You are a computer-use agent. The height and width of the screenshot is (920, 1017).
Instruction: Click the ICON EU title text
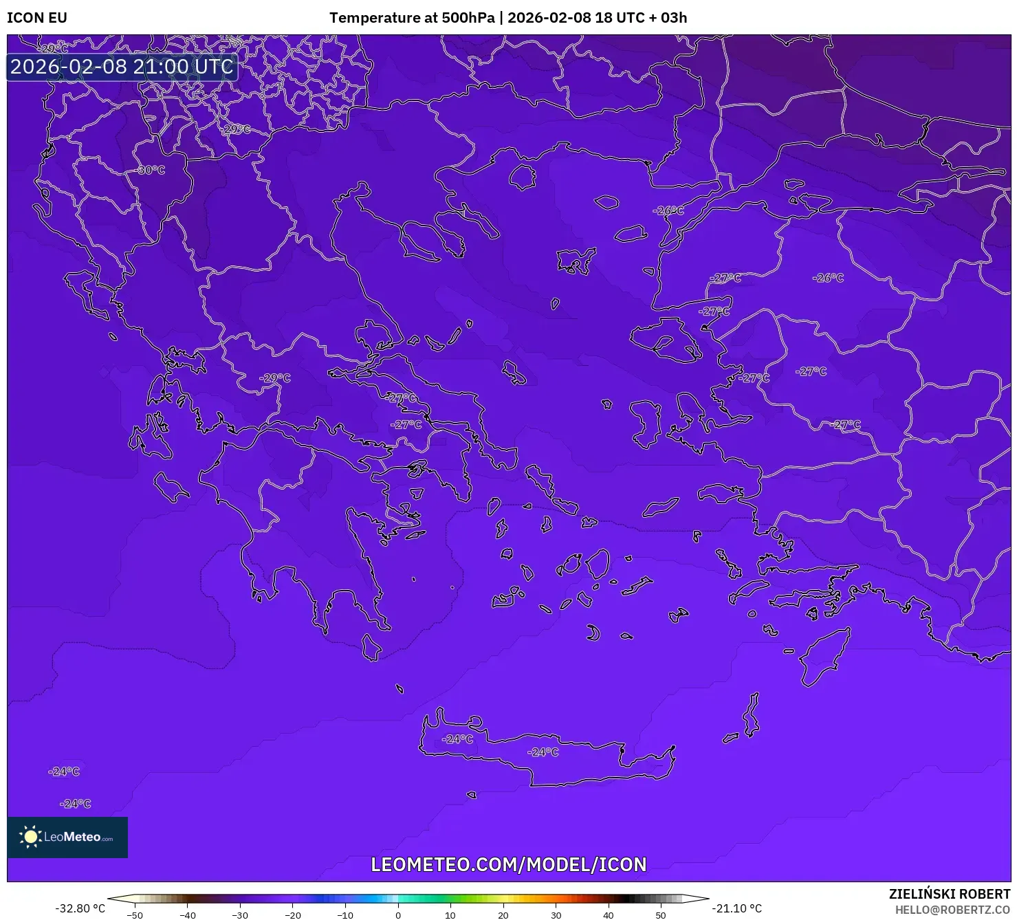pyautogui.click(x=37, y=18)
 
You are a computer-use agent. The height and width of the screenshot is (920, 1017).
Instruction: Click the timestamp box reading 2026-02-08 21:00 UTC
pyautogui.click(x=122, y=67)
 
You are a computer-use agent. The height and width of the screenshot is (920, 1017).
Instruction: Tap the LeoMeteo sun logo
pyautogui.click(x=30, y=836)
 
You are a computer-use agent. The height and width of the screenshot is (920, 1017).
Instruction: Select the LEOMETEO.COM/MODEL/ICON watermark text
pyautogui.click(x=508, y=864)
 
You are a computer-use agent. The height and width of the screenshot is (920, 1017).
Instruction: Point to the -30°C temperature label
pyautogui.click(x=151, y=170)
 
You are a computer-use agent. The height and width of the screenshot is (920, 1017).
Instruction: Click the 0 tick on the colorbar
pyautogui.click(x=397, y=915)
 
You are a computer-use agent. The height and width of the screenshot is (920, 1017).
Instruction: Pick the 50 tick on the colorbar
pyautogui.click(x=661, y=915)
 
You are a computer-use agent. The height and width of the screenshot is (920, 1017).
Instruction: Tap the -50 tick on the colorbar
pyautogui.click(x=135, y=915)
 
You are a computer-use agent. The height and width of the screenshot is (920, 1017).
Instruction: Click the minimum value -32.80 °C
pyautogui.click(x=80, y=908)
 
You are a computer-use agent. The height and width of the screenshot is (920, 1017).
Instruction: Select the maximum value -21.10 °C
pyautogui.click(x=736, y=908)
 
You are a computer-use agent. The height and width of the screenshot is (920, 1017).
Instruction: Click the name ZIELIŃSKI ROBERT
pyautogui.click(x=949, y=894)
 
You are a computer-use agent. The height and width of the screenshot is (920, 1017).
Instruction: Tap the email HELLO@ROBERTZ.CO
pyautogui.click(x=952, y=910)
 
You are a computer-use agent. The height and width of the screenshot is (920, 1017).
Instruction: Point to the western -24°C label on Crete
pyautogui.click(x=458, y=739)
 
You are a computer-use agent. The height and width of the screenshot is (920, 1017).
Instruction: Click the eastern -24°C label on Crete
pyautogui.click(x=543, y=752)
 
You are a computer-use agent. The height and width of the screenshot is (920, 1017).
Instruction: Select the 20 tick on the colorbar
pyautogui.click(x=503, y=915)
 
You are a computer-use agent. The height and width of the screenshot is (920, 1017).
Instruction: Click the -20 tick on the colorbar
pyautogui.click(x=292, y=915)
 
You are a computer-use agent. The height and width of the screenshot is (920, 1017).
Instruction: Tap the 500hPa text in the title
pyautogui.click(x=468, y=18)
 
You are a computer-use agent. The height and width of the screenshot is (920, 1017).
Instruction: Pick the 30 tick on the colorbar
pyautogui.click(x=556, y=915)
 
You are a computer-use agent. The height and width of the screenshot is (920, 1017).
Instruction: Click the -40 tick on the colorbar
pyautogui.click(x=187, y=915)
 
